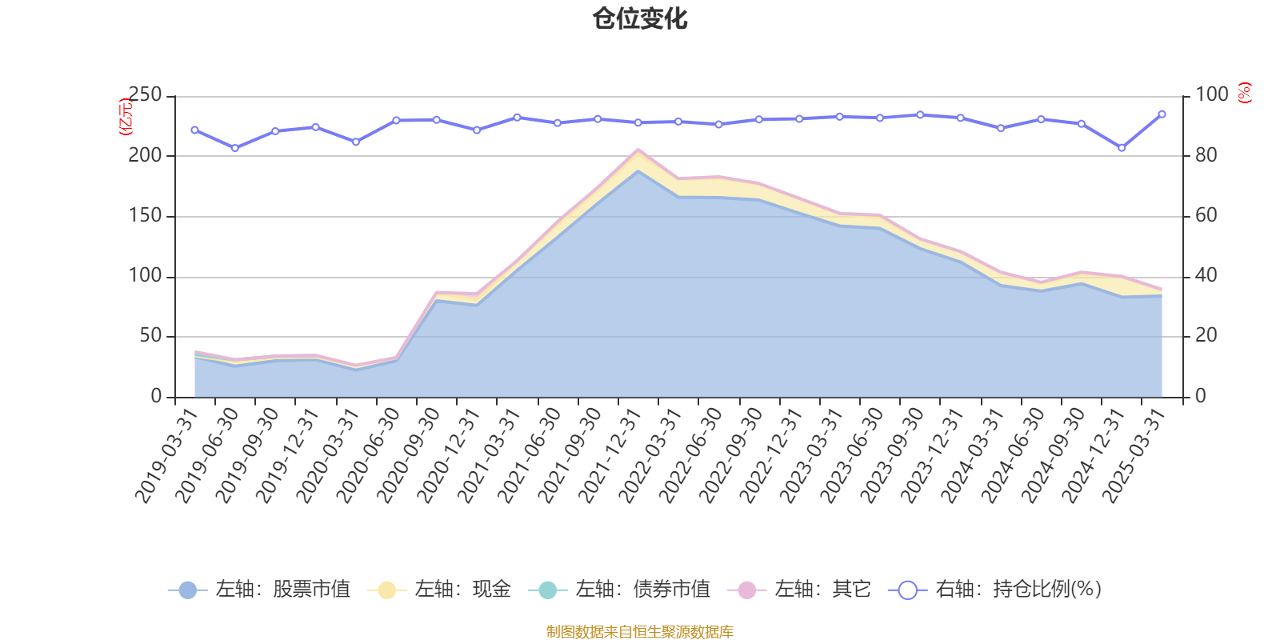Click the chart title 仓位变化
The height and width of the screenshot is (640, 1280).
click(640, 18)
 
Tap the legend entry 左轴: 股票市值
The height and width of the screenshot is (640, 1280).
click(259, 590)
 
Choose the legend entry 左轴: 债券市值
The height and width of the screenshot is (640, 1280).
click(619, 590)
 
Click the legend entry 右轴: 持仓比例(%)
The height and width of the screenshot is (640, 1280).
click(995, 590)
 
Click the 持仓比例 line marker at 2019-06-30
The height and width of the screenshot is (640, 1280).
click(235, 148)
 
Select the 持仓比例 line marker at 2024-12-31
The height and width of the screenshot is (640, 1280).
click(1122, 148)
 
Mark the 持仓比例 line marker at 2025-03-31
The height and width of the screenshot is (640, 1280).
click(1162, 114)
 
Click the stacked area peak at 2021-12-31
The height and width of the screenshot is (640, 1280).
click(638, 150)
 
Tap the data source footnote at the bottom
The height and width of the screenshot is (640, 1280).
click(640, 632)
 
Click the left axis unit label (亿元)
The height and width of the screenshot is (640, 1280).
click(126, 117)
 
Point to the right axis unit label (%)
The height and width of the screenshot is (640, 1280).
click(1245, 93)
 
